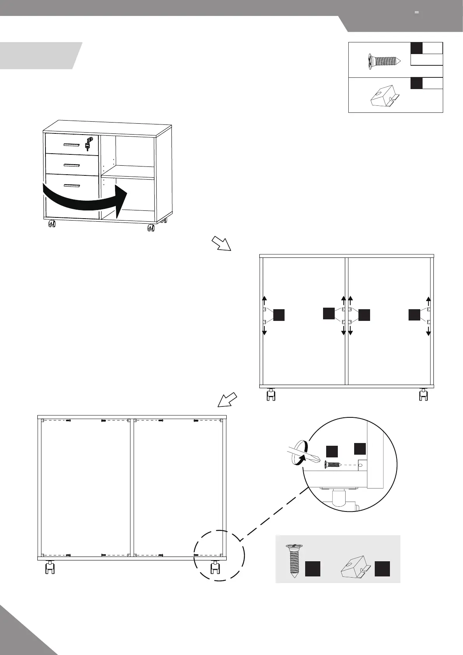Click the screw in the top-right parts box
(x=384, y=61)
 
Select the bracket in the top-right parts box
(x=383, y=96)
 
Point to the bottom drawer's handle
(x=72, y=185)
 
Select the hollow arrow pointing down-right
(x=221, y=243)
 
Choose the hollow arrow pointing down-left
(x=227, y=399)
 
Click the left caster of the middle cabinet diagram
(x=271, y=395)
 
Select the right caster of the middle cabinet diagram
(x=423, y=395)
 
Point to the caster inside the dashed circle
(x=214, y=567)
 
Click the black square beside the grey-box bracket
(x=382, y=568)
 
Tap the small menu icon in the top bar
(x=417, y=12)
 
